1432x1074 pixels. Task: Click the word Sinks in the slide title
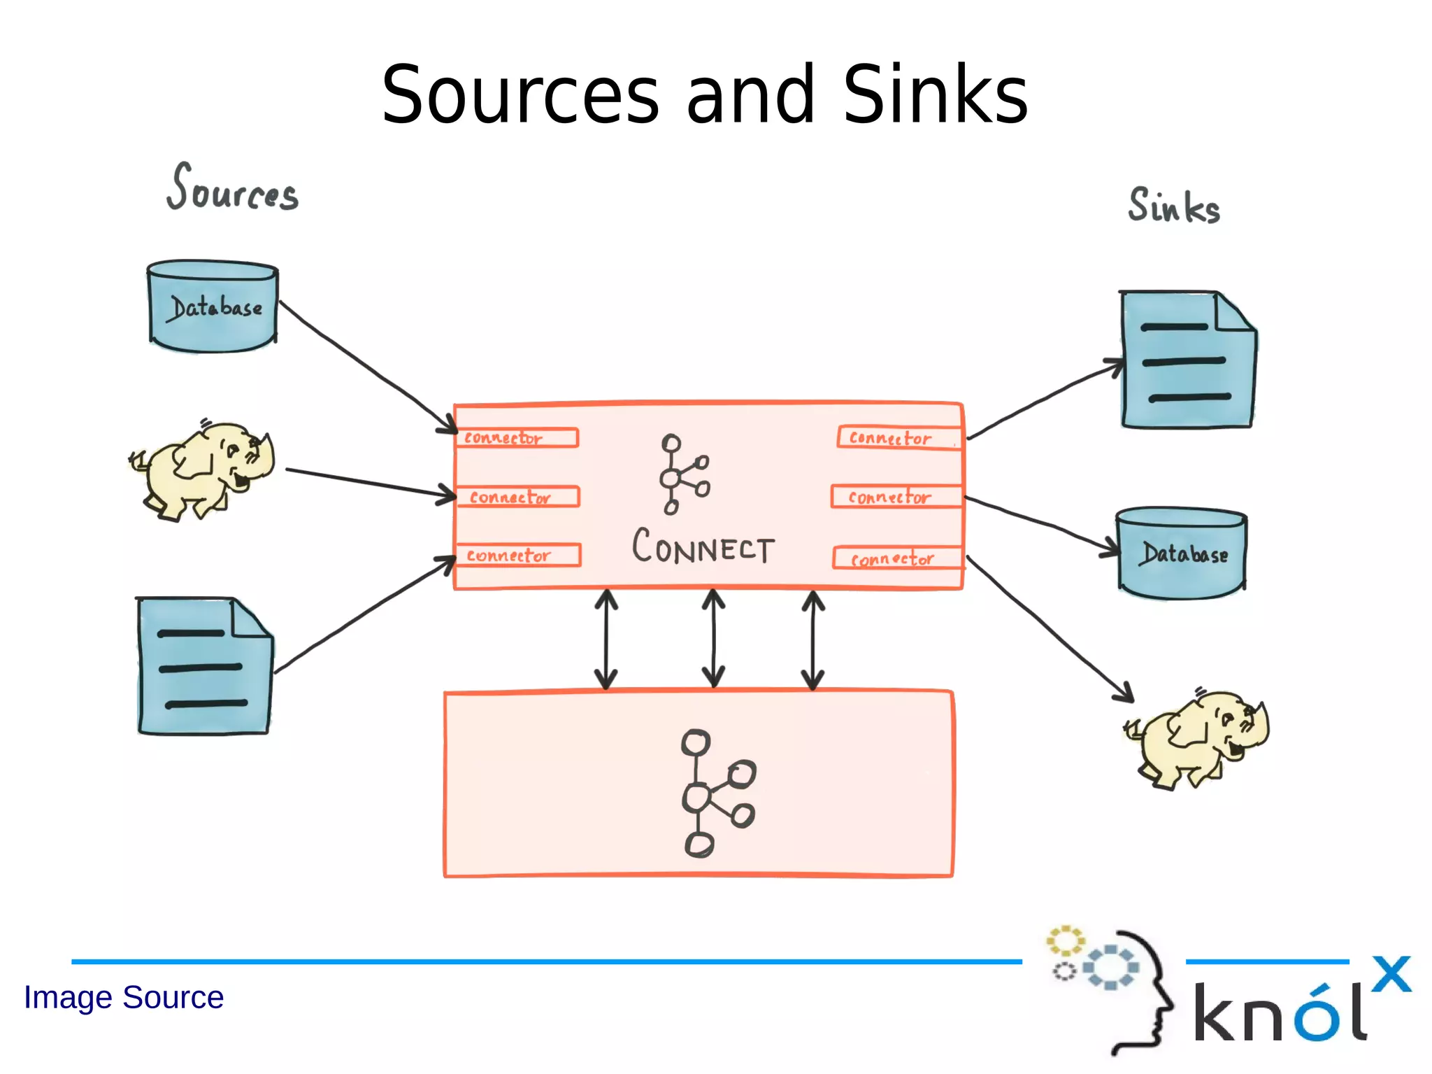[935, 95]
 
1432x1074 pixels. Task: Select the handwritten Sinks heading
[1173, 206]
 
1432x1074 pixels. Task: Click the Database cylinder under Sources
[213, 307]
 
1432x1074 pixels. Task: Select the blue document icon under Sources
[204, 667]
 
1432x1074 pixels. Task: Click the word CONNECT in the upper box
[703, 548]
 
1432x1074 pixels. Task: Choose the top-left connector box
[517, 438]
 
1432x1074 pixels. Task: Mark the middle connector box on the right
[896, 497]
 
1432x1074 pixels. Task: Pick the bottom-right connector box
[898, 558]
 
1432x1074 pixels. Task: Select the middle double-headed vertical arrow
[713, 639]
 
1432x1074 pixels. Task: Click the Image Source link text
[124, 997]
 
